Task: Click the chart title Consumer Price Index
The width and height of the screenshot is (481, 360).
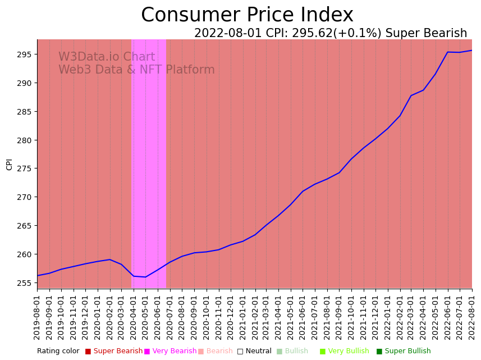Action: click(x=247, y=15)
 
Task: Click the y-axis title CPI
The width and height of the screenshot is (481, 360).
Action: click(x=9, y=164)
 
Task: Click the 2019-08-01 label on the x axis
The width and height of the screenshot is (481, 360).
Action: click(x=37, y=317)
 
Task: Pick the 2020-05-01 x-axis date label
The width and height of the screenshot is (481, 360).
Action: click(x=146, y=317)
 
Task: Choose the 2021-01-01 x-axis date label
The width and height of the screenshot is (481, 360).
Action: click(x=242, y=317)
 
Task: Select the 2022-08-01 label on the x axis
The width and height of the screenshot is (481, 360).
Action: click(x=472, y=317)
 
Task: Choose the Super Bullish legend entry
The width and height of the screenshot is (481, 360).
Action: click(x=407, y=351)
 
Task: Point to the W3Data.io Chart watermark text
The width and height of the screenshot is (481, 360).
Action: click(x=107, y=57)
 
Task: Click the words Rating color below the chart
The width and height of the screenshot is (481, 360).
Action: click(x=58, y=351)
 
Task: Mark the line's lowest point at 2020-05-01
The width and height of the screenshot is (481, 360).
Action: click(x=146, y=277)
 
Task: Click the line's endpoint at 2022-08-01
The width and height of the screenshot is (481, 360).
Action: click(x=471, y=51)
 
